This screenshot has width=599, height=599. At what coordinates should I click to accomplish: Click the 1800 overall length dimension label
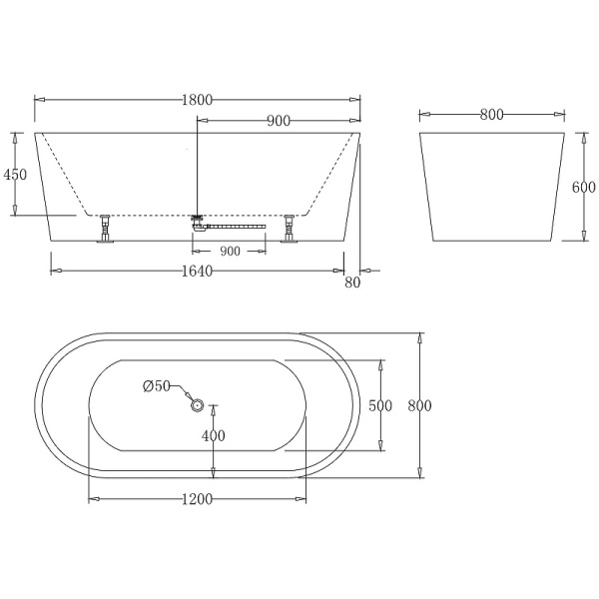198,100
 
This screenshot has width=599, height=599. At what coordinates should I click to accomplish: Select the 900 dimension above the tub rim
279,121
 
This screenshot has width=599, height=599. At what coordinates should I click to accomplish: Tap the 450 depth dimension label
15,174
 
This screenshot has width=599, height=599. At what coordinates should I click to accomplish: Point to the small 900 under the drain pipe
230,252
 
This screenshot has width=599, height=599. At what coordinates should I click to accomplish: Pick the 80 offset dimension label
351,284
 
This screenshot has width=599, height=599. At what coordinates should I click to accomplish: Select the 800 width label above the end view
490,115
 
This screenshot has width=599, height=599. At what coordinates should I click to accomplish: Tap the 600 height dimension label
584,187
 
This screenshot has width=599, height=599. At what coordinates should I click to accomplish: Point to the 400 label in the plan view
214,435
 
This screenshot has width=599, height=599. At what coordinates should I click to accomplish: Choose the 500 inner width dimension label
379,405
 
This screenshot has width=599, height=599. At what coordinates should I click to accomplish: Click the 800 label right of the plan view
419,405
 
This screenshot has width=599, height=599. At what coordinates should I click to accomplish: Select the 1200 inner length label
198,499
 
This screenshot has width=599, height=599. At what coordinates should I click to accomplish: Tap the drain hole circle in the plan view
197,405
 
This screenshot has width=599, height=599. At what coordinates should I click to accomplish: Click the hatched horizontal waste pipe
236,227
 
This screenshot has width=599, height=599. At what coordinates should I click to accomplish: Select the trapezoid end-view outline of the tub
490,187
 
